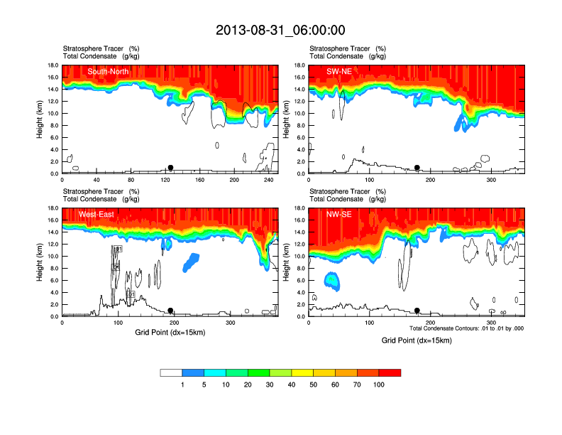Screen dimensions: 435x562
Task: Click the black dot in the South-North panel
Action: click(170, 168)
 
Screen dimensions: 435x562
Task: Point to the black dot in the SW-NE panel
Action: click(417, 168)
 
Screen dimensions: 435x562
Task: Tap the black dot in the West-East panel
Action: click(170, 311)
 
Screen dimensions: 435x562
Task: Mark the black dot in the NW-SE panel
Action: click(417, 311)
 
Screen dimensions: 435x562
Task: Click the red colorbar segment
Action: click(390, 372)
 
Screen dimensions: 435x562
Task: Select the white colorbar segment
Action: click(171, 372)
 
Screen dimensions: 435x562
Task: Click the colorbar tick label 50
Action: click(314, 385)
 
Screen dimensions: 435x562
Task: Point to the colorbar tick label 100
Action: click(379, 385)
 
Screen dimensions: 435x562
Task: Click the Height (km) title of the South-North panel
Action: click(40, 119)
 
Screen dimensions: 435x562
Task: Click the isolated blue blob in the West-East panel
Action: click(191, 262)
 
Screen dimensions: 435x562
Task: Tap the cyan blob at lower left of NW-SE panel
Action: click(332, 281)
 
